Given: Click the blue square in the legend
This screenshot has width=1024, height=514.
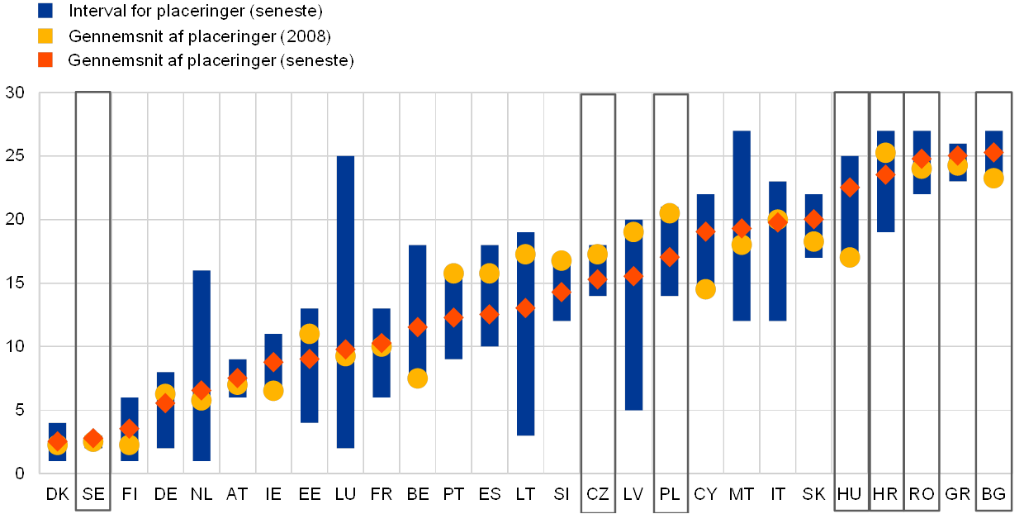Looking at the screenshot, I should (x=46, y=11).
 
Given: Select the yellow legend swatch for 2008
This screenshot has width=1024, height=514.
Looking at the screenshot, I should (x=46, y=36).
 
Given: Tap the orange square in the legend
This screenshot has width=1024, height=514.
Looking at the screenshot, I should (x=46, y=60).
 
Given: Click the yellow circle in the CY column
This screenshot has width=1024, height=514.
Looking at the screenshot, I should (x=705, y=289).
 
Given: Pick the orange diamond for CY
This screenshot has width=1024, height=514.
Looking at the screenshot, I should (x=705, y=231).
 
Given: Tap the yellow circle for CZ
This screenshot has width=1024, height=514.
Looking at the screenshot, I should (x=598, y=255).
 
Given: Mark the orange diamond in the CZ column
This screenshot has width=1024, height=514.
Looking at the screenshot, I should (x=598, y=280).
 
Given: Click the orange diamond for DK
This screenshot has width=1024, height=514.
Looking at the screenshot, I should (x=57, y=441).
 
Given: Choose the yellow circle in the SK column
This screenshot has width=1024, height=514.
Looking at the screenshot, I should (x=813, y=241).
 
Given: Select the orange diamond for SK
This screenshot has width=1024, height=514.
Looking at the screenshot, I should (x=813, y=219).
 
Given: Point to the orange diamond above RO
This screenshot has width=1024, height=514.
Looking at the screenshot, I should (x=922, y=159).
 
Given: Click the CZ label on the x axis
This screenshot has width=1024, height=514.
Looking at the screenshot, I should (x=598, y=494).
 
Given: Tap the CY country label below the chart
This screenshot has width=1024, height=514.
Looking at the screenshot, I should (x=705, y=494).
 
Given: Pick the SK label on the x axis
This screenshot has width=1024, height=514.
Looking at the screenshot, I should (x=813, y=494).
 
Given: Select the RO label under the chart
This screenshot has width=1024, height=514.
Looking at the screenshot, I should (x=922, y=494).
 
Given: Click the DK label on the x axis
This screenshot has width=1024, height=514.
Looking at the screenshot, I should (x=59, y=494).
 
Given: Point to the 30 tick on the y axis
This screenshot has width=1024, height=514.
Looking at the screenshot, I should (x=15, y=93).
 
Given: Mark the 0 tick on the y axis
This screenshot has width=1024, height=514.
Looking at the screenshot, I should (x=20, y=474).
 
